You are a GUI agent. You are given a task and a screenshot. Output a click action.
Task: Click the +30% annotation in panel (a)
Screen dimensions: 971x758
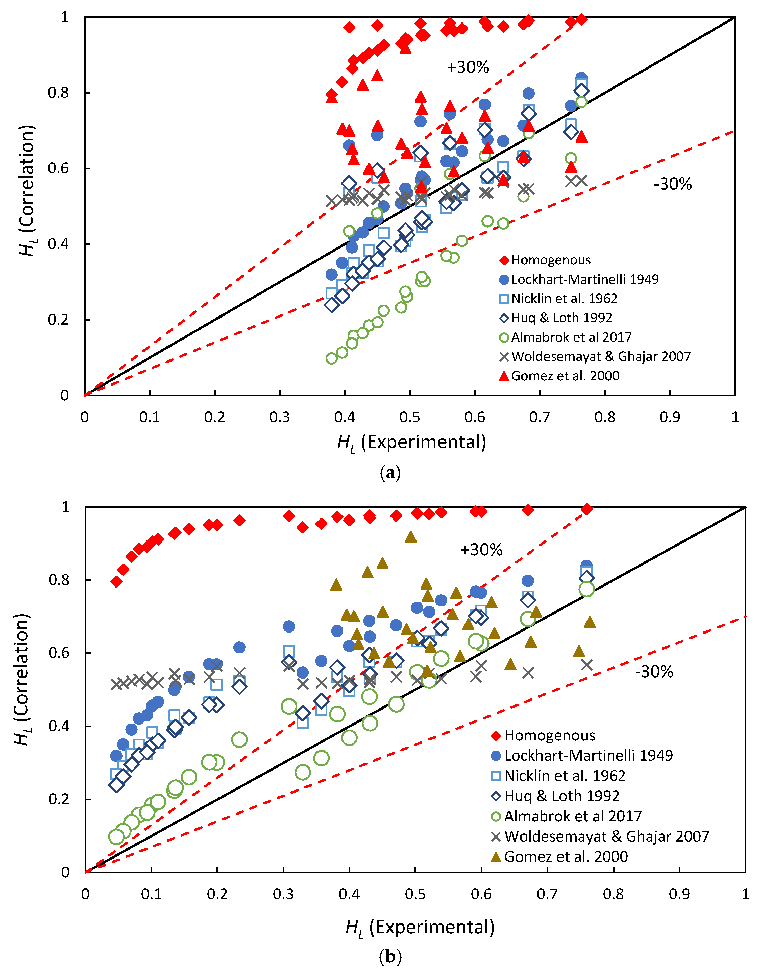tap(468, 67)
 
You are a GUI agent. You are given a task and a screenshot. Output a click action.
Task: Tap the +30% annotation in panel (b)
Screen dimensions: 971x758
tap(481, 550)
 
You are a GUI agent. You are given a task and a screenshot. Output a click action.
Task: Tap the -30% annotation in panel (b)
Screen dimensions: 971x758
tap(654, 671)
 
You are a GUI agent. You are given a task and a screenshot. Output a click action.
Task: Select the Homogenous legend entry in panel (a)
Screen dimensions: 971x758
tap(551, 260)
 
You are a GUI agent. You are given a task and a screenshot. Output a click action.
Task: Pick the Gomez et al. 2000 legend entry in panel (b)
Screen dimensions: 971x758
tap(566, 856)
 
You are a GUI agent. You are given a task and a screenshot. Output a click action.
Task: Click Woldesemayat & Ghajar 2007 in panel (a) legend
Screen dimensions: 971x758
tap(601, 356)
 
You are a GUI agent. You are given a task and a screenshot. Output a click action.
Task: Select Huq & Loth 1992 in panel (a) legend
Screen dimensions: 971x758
tap(561, 318)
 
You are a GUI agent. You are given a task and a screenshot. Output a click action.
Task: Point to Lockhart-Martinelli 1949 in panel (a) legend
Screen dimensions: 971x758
tap(585, 279)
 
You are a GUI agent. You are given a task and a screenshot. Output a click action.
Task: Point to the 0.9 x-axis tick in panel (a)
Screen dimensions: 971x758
tap(670, 417)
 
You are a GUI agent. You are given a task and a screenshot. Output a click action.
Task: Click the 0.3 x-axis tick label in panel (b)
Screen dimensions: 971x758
tap(283, 894)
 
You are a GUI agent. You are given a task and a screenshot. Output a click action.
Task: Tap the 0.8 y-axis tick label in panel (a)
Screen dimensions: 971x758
tap(58, 93)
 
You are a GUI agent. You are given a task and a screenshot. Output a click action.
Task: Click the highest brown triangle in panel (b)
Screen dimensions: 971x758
tap(411, 537)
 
